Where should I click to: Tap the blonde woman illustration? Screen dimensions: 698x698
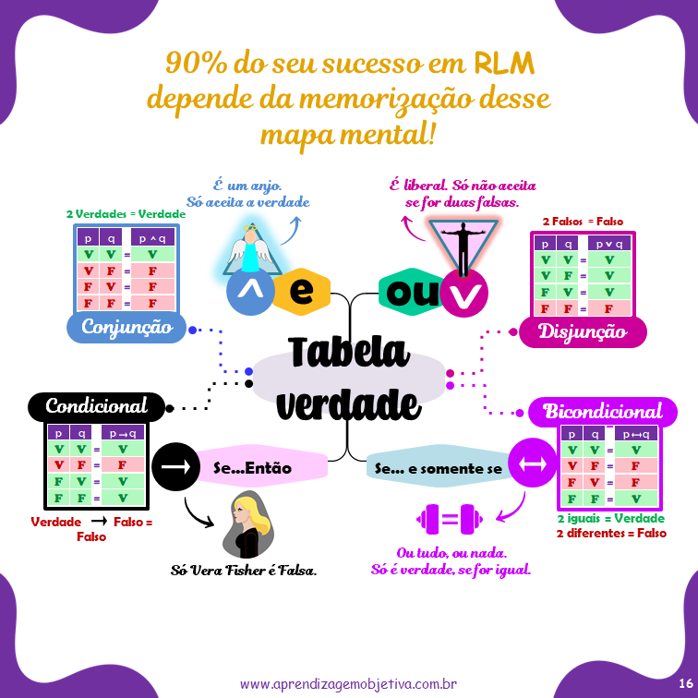point(247,523)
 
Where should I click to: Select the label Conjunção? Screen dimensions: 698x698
point(126,327)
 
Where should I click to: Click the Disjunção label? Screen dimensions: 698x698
point(582,331)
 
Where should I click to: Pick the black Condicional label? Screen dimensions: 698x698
point(96,406)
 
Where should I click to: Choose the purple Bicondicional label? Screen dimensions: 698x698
point(602,412)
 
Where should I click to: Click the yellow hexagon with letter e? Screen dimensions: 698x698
point(300,293)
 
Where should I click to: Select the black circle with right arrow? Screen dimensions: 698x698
point(174,467)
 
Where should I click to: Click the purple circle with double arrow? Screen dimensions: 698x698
point(532,467)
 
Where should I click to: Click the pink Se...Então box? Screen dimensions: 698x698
point(253,468)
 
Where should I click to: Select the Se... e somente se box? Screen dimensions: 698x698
point(438,468)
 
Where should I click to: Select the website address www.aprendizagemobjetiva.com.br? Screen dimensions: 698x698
point(349,684)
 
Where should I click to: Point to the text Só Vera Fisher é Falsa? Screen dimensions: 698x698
point(244,571)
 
